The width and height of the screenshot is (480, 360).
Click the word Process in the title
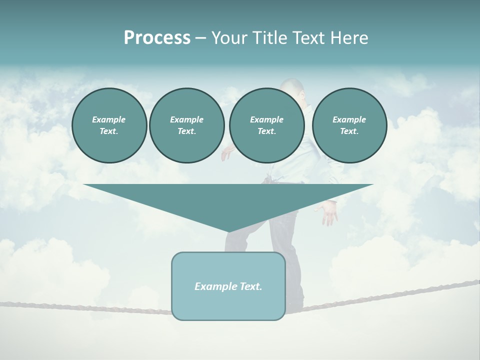(x=157, y=38)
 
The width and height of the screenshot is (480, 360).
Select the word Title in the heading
(x=268, y=38)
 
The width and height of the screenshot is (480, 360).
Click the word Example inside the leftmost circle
(x=109, y=119)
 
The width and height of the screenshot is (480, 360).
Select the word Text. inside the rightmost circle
(x=349, y=131)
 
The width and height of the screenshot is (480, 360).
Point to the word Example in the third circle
(x=266, y=119)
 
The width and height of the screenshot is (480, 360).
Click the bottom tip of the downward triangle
(x=229, y=230)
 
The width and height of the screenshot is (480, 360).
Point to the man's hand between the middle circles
(x=226, y=153)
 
